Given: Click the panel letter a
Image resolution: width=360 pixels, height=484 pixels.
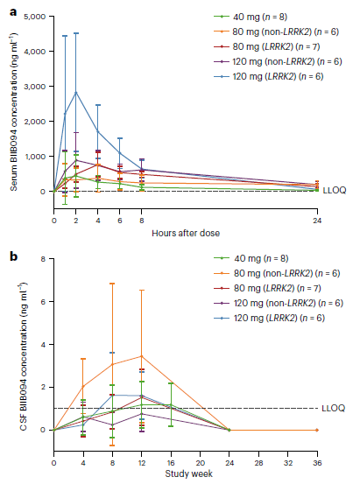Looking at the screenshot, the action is pyautogui.click(x=13, y=12).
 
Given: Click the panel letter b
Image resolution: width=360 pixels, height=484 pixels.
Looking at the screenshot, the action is pyautogui.click(x=13, y=256).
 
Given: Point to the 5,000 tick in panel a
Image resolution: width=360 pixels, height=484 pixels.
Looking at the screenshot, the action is pyautogui.click(x=34, y=17).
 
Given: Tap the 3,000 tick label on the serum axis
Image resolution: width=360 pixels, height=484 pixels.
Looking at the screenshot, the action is pyautogui.click(x=34, y=87).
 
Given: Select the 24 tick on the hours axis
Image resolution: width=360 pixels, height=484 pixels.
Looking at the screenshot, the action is pyautogui.click(x=317, y=221).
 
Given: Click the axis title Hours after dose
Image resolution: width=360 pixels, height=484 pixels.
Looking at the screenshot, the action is pyautogui.click(x=186, y=233).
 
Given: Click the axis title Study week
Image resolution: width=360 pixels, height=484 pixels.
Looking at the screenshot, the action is pyautogui.click(x=189, y=473).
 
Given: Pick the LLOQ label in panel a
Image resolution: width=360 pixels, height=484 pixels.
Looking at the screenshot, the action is pyautogui.click(x=335, y=191).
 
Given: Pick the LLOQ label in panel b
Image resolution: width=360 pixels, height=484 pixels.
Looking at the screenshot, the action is pyautogui.click(x=334, y=408).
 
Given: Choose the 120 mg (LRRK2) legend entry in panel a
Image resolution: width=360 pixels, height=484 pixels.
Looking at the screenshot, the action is pyautogui.click(x=269, y=76).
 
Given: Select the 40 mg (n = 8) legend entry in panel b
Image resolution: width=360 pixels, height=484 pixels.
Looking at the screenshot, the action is pyautogui.click(x=251, y=258).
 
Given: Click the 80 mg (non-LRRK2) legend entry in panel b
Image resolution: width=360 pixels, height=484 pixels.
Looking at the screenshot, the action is pyautogui.click(x=277, y=273).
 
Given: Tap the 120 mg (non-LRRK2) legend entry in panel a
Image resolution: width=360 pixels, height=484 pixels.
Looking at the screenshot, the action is pyautogui.click(x=279, y=61).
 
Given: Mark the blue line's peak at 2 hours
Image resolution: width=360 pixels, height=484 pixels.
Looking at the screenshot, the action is pyautogui.click(x=76, y=92).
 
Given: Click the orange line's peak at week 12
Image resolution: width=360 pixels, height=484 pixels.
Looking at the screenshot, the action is pyautogui.click(x=142, y=356).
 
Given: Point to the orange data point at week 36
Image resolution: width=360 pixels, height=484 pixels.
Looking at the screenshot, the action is pyautogui.click(x=317, y=430).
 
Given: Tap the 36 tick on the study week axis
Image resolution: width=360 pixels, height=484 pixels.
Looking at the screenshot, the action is pyautogui.click(x=317, y=463).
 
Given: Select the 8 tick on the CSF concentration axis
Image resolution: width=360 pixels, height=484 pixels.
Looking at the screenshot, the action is pyautogui.click(x=43, y=259).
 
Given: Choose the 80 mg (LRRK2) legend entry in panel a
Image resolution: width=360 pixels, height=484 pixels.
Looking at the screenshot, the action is pyautogui.click(x=267, y=46).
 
